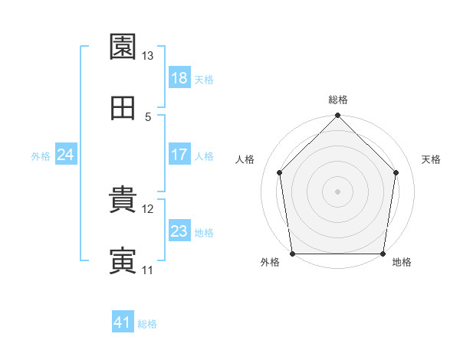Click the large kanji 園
(x=123, y=46)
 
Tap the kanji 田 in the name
(x=123, y=108)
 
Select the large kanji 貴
(x=123, y=199)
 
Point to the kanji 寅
(x=123, y=260)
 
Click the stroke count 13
(x=147, y=56)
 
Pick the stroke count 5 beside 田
(x=148, y=117)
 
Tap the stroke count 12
(x=147, y=209)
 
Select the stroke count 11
(x=147, y=270)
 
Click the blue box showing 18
(x=179, y=77)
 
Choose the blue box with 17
(x=179, y=154)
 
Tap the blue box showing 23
(x=179, y=230)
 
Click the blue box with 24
(x=66, y=154)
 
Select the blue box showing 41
(x=123, y=321)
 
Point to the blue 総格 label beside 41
(x=147, y=324)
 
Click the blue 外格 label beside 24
(x=41, y=156)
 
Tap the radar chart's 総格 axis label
(x=338, y=100)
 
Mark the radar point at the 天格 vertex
(x=396, y=172)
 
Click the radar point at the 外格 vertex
(x=293, y=254)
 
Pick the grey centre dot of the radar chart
(x=337, y=191)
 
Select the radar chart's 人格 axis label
(x=245, y=159)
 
